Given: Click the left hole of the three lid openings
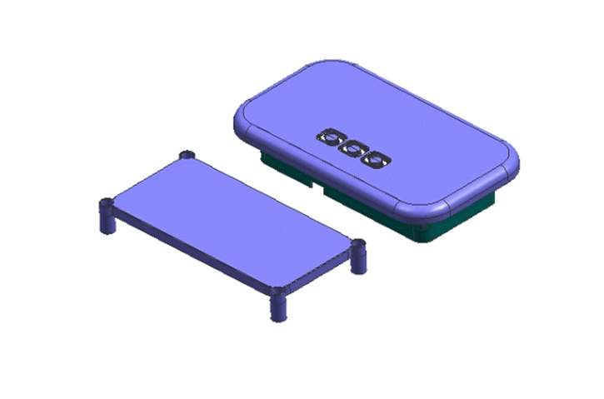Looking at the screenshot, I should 331,137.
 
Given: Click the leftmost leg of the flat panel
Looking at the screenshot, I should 107,217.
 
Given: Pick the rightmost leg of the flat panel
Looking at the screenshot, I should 358,257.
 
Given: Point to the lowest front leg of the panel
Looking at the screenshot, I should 278,304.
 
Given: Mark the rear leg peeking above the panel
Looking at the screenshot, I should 187,155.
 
